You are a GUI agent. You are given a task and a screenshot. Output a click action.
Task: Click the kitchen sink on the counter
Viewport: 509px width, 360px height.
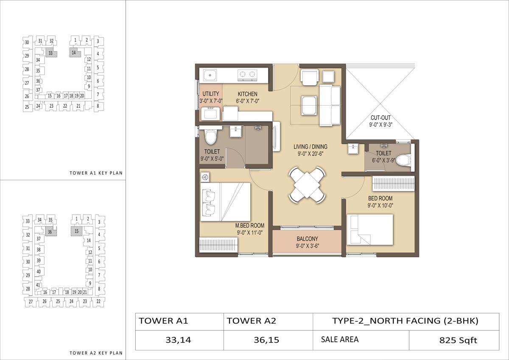click(210, 75)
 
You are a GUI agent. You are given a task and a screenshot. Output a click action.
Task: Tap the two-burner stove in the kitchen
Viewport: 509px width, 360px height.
click(247, 75)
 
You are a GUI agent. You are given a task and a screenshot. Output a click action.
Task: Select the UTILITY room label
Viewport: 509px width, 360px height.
click(211, 94)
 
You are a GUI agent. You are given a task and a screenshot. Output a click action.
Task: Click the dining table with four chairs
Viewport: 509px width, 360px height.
click(307, 185)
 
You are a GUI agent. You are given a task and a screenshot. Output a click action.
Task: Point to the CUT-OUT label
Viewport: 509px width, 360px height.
click(380, 117)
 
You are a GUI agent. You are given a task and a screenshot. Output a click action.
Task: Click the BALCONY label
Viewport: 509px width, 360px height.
click(307, 239)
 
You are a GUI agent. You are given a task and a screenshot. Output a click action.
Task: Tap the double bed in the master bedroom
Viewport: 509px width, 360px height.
click(225, 202)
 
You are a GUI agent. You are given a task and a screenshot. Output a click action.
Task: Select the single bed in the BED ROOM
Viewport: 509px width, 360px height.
click(370, 230)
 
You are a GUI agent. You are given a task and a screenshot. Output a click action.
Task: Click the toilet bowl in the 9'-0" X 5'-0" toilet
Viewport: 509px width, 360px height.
click(211, 137)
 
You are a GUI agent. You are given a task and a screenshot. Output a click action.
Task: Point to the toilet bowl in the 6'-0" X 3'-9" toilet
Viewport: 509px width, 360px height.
click(403, 160)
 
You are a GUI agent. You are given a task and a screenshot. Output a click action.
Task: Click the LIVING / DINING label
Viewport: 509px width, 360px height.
click(310, 147)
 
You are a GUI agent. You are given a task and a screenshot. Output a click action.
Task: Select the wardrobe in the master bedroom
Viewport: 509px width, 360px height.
click(218, 245)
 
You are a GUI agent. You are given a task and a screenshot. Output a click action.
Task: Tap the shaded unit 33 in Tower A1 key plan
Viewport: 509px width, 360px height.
click(51, 53)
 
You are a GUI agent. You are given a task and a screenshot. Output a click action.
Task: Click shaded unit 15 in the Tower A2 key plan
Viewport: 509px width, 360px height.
click(76, 231)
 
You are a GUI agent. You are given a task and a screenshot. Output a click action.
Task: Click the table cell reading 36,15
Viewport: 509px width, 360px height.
click(266, 340)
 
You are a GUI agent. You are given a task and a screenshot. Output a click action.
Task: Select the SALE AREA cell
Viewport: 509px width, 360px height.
click(361, 340)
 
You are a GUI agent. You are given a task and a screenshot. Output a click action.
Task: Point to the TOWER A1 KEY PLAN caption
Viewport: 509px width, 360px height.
click(96, 173)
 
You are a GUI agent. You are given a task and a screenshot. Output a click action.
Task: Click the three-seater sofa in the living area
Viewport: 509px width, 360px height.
click(330, 105)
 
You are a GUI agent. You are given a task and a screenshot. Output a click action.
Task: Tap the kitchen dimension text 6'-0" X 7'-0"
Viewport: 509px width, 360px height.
click(248, 101)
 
